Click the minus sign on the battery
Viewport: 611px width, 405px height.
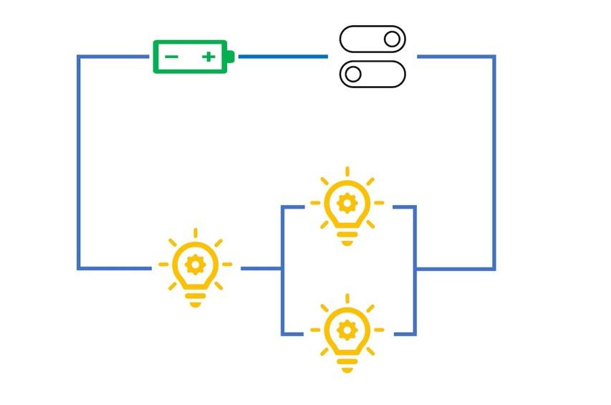click(x=172, y=57)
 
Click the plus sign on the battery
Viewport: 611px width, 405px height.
click(x=208, y=57)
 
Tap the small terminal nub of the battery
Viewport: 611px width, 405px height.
click(x=231, y=57)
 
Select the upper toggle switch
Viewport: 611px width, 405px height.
click(x=372, y=39)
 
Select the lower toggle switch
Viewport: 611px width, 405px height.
click(x=372, y=74)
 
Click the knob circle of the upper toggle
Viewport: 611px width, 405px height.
click(x=391, y=39)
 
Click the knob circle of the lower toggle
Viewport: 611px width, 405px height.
click(x=353, y=74)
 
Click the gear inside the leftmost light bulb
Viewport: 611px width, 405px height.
click(x=195, y=264)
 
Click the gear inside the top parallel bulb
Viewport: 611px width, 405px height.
click(x=347, y=203)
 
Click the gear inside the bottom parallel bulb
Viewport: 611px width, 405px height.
click(x=347, y=330)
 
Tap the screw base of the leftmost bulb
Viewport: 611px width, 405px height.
click(x=195, y=298)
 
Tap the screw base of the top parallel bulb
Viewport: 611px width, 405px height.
click(x=347, y=237)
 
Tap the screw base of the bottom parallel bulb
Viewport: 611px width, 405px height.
click(x=347, y=364)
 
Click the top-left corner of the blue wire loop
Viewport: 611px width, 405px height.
click(x=79, y=57)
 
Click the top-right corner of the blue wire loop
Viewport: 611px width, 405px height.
click(x=494, y=57)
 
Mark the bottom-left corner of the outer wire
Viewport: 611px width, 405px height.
click(x=79, y=268)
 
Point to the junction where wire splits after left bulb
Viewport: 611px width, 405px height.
click(x=282, y=269)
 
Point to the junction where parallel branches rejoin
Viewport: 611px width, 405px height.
click(x=415, y=269)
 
